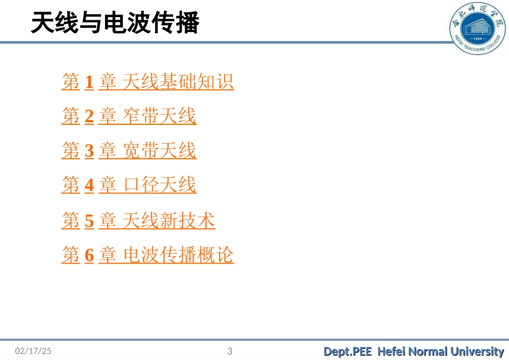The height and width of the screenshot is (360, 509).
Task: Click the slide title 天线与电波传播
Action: [115, 24]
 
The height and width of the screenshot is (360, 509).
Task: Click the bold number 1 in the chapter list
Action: [89, 82]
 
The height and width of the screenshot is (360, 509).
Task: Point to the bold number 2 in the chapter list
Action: [89, 117]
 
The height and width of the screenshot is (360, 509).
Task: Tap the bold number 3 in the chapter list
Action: [89, 151]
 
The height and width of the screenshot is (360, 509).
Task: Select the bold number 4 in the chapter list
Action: [89, 185]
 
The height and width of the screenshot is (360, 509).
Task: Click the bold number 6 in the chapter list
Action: [89, 256]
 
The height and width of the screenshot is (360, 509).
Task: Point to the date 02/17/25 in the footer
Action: [33, 351]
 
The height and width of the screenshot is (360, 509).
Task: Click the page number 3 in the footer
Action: [230, 351]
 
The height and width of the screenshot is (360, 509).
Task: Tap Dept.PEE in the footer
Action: [347, 351]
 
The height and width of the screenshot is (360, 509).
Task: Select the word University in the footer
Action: [477, 351]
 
